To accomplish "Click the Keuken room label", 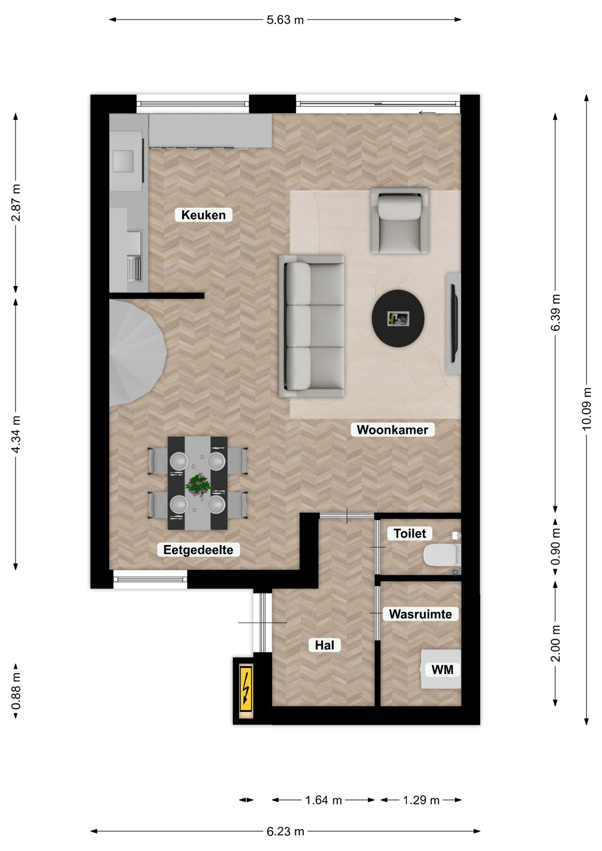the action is pos(203,215).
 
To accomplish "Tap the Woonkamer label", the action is pos(392,429).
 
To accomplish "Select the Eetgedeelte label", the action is pos(198,550).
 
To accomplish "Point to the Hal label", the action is pos(324,645).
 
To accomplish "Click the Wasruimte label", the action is pos(420,614).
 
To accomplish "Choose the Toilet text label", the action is pos(410,533).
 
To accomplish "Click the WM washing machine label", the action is pos(442,669).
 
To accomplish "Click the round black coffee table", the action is pos(398,318).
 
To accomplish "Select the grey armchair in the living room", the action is pos(400,220).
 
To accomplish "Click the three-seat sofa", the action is pos(312,326).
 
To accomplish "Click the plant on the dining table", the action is pos(198,484).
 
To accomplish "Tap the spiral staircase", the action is pos(137,352).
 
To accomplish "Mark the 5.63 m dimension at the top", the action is pos(285,20).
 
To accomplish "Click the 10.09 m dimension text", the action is pos(586,408).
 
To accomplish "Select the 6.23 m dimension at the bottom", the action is pos(285,831).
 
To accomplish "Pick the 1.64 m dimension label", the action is pos(323,800).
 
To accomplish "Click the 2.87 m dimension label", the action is pos(16,203).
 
